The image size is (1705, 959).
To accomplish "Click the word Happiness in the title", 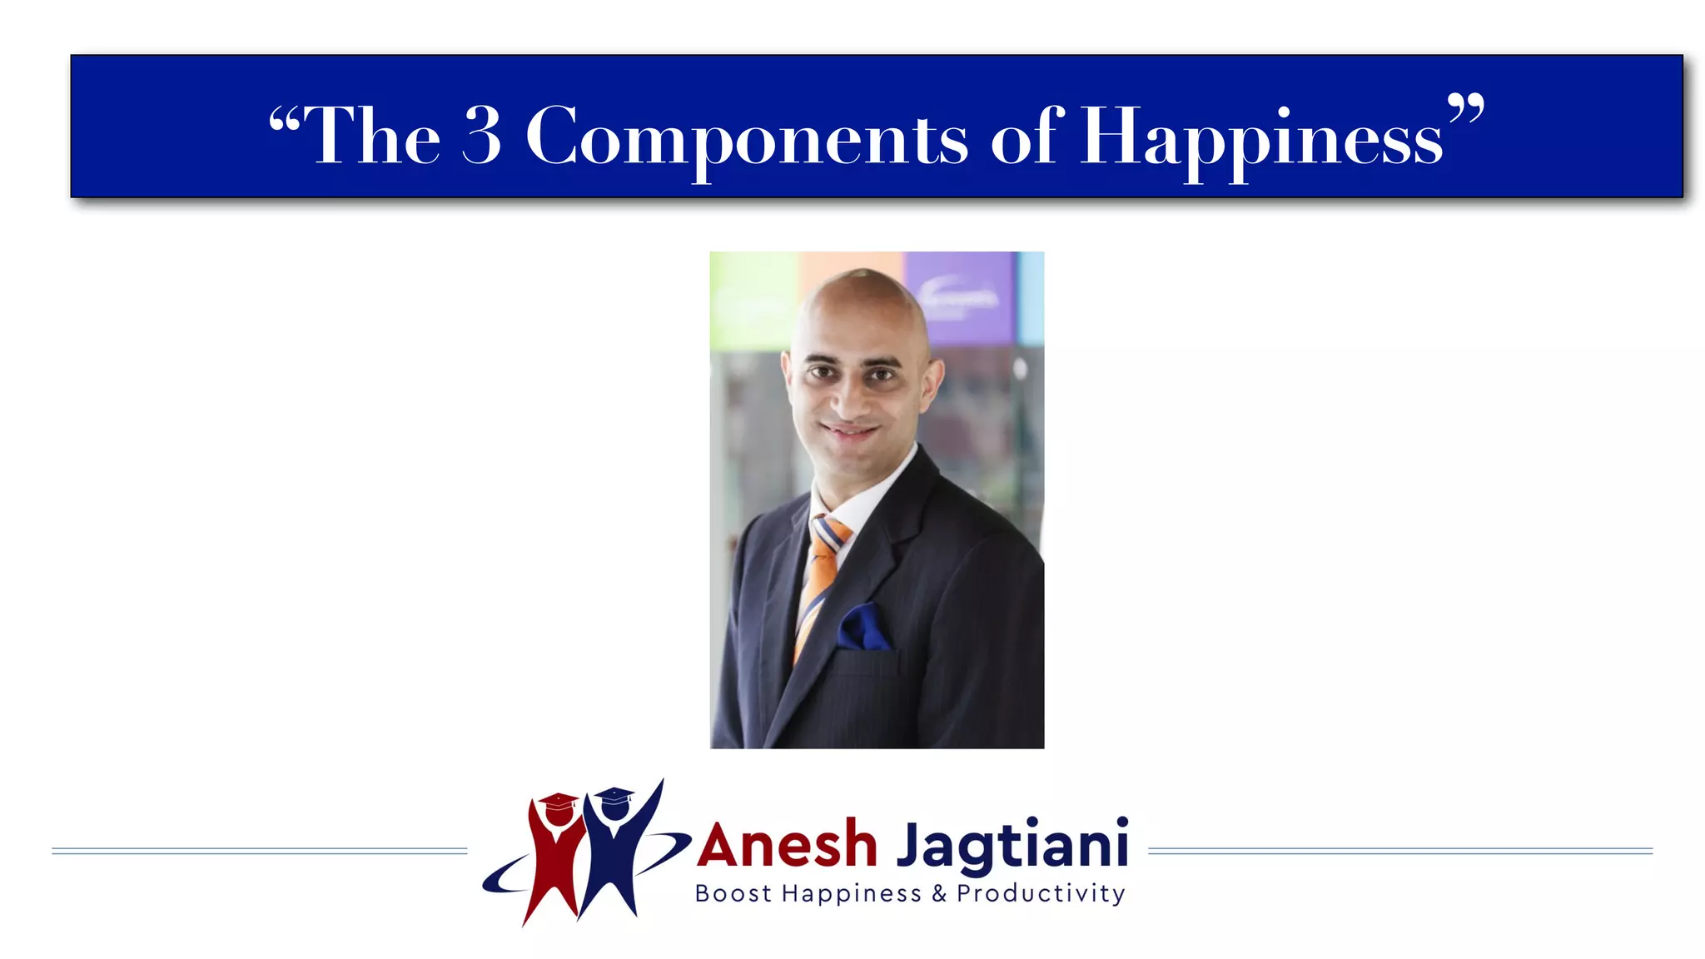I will point(1261,137).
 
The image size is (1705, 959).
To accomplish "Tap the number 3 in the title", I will point(482,135).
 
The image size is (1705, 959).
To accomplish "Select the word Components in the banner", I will point(747,137).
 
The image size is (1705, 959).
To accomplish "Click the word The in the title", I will point(372,135).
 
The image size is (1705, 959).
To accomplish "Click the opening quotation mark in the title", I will point(284,122).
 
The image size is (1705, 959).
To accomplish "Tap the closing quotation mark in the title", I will point(1465,108).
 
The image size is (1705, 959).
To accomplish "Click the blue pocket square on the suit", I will point(862,628).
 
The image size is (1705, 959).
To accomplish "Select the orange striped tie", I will point(819,574).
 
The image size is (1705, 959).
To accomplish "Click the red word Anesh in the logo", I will point(788,845).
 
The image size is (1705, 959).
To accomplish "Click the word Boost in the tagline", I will point(733,894).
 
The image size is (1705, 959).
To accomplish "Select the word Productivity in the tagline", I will point(1041,894).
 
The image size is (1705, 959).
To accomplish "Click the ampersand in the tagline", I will point(939,894).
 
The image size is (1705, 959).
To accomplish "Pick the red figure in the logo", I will point(552,866).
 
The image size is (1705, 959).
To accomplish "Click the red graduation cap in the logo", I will point(559,802).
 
